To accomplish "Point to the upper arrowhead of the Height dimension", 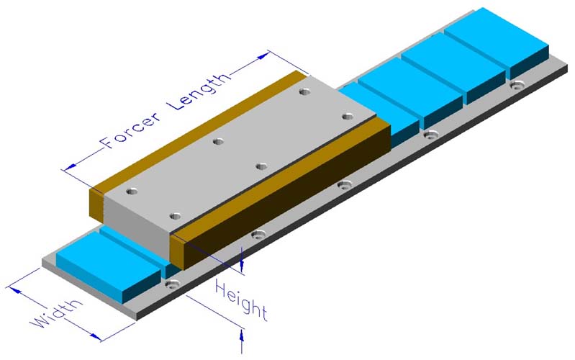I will point(243,268).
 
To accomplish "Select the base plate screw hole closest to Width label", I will point(171,284).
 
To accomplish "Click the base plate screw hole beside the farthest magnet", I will point(515,85).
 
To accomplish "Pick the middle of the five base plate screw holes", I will point(345,184).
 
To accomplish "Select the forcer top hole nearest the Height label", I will point(173,215).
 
